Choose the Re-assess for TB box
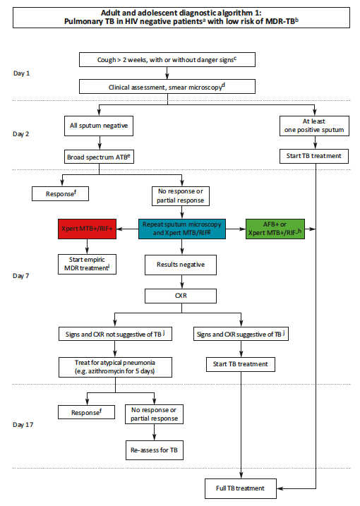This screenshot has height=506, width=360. tap(153, 450)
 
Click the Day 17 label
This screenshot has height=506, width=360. tap(23, 426)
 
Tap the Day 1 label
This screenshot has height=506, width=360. tap(23, 73)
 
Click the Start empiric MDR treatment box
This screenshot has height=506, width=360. tap(87, 264)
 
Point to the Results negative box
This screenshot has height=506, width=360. tap(181, 265)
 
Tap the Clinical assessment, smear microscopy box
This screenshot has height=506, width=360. tap(167, 87)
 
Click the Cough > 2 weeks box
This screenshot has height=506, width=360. tap(167, 60)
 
